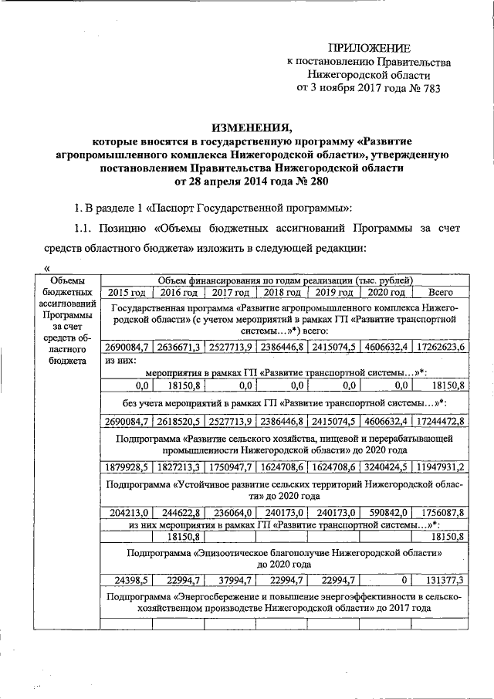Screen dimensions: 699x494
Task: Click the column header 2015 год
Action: [x=127, y=293]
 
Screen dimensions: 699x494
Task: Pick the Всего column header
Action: [x=440, y=293]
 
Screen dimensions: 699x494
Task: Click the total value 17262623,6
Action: [x=438, y=347]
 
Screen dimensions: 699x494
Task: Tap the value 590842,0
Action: [x=386, y=511]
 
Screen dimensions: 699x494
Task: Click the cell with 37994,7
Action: [x=232, y=581]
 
